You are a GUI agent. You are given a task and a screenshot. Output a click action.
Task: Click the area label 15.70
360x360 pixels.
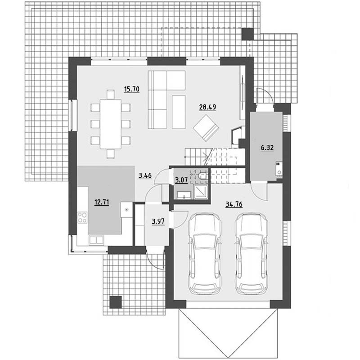(131, 89)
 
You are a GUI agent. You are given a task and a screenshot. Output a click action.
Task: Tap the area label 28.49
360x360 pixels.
(207, 107)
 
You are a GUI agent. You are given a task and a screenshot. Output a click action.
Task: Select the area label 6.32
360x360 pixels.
(267, 148)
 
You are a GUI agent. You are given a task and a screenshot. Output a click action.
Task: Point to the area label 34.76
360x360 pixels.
(234, 204)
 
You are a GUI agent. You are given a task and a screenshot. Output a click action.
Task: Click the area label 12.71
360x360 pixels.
(102, 202)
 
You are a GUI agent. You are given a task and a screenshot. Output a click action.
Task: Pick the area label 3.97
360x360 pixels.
(158, 221)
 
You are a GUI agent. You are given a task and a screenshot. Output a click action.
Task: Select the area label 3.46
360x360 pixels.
(145, 176)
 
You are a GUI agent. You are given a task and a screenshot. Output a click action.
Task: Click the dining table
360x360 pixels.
(111, 124)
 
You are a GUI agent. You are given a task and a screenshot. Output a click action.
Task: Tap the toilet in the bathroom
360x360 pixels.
(203, 176)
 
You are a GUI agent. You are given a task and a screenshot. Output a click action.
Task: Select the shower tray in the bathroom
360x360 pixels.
(201, 192)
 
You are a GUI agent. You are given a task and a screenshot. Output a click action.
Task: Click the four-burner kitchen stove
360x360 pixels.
(82, 217)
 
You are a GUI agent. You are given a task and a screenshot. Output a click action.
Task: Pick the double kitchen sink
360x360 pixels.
(96, 240)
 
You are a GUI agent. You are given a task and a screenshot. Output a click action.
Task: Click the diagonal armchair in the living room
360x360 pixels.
(206, 128)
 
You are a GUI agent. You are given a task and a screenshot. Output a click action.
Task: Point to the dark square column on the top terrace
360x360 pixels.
(248, 34)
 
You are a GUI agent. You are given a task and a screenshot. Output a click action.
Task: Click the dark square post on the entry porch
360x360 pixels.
(116, 302)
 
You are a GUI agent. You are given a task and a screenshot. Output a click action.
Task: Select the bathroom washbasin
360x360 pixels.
(184, 195)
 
